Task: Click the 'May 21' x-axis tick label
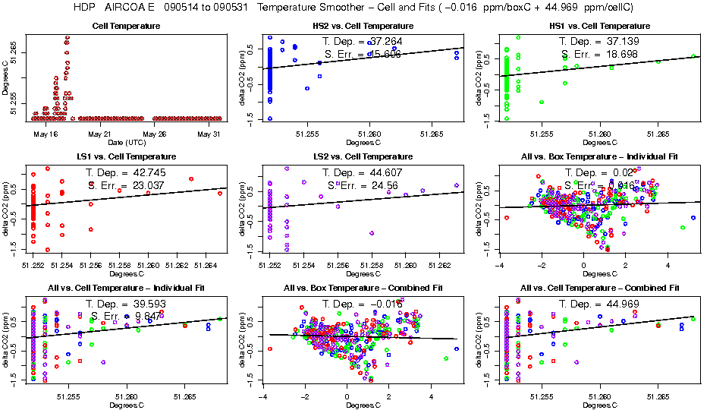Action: pyautogui.click(x=100, y=134)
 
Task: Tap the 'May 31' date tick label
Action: pyautogui.click(x=209, y=134)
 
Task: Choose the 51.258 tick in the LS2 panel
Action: pyautogui.click(x=372, y=265)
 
